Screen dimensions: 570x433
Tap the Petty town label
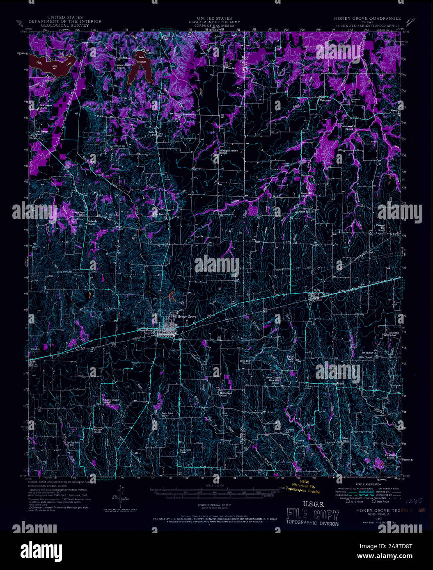(316, 290)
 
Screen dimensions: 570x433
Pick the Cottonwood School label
(349, 128)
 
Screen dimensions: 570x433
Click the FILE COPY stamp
(313, 515)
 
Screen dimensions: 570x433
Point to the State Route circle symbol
(373, 501)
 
